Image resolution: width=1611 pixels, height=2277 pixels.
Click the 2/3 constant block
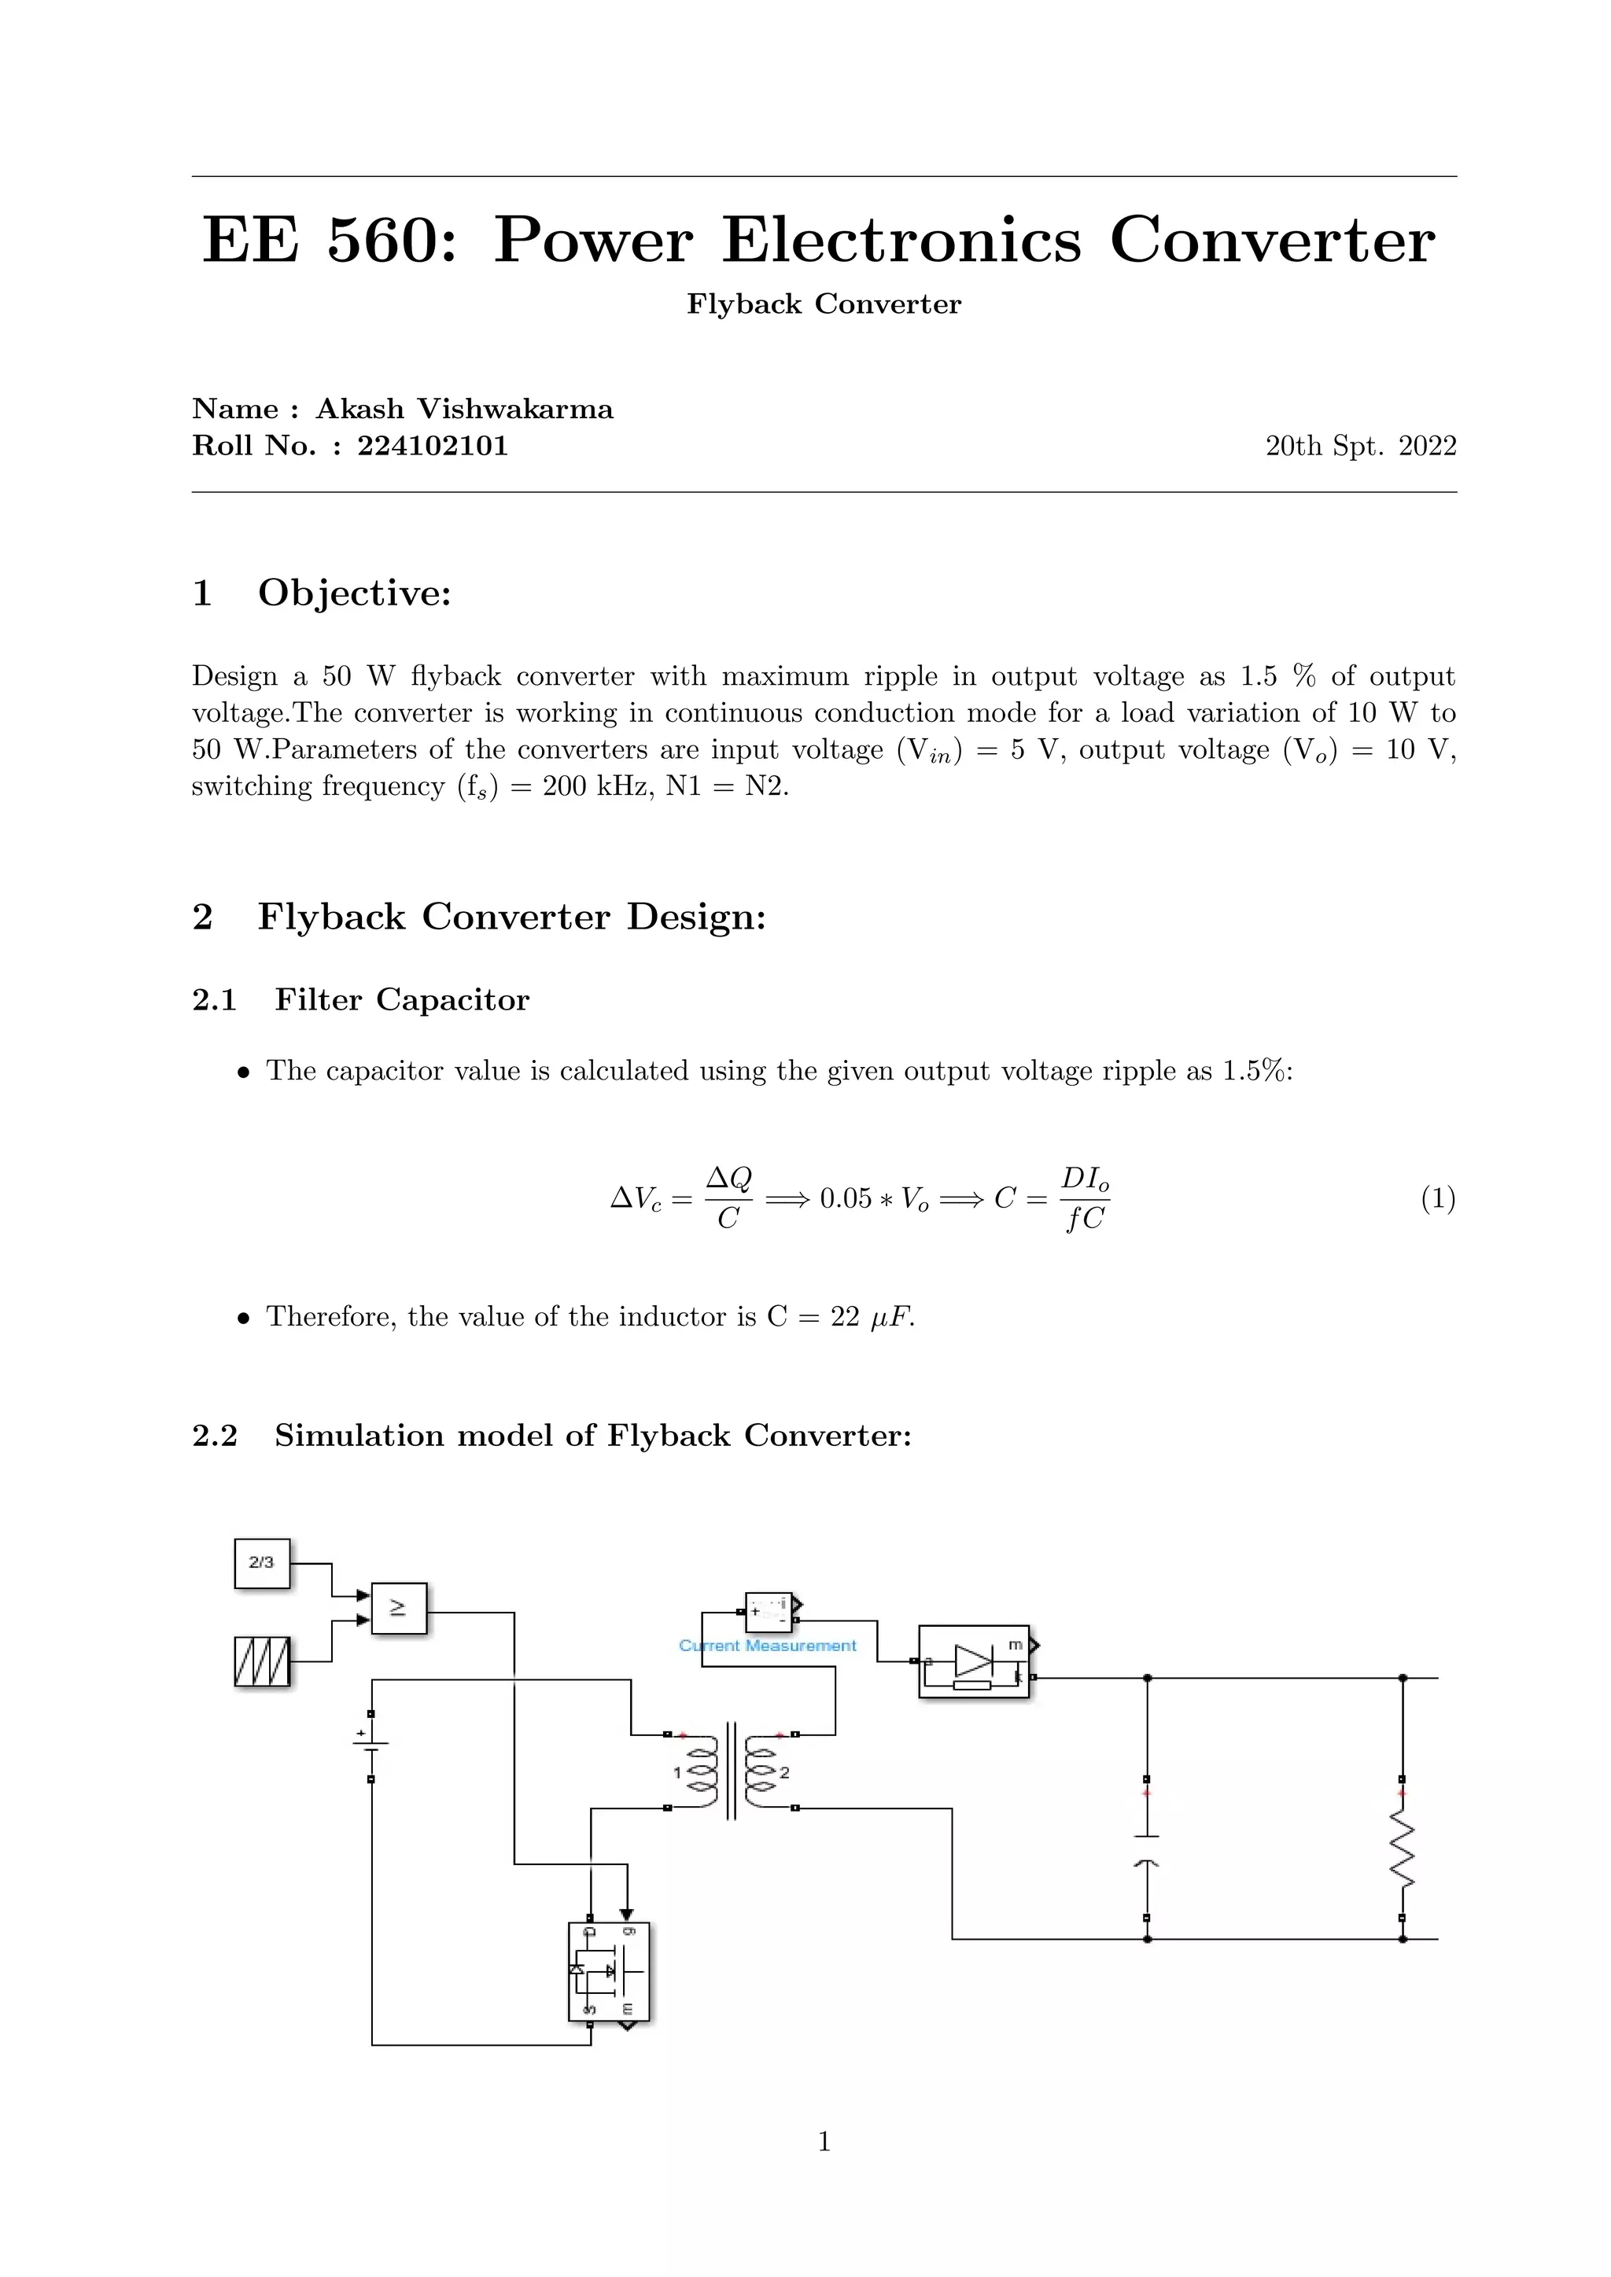pyautogui.click(x=262, y=1562)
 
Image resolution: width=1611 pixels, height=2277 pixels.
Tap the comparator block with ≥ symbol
pyautogui.click(x=398, y=1608)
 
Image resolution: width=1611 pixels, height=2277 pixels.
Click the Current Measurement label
pyautogui.click(x=767, y=1646)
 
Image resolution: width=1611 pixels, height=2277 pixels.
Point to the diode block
pyautogui.click(x=973, y=1661)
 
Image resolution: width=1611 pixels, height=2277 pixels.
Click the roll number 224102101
pyautogui.click(x=433, y=447)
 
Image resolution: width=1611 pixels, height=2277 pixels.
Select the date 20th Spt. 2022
pyautogui.click(x=1360, y=447)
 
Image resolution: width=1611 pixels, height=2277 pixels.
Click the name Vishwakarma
pyautogui.click(x=514, y=409)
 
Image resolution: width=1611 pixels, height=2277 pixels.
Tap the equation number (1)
pyautogui.click(x=1437, y=1199)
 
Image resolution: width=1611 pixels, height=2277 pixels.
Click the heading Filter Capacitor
pyautogui.click(x=402, y=999)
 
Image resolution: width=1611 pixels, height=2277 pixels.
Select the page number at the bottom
pyautogui.click(x=824, y=2141)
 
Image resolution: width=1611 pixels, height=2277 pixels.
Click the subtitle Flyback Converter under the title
pyautogui.click(x=824, y=303)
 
